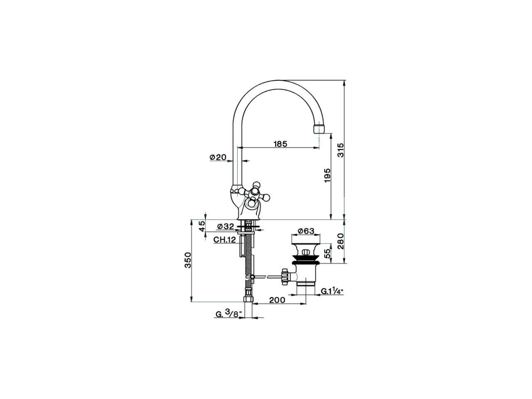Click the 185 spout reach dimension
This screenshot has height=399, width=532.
(x=280, y=144)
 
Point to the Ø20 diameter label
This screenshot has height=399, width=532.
(x=218, y=157)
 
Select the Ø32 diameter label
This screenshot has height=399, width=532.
(x=226, y=227)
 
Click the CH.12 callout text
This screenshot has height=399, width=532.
(x=224, y=240)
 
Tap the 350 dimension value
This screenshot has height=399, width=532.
(x=187, y=261)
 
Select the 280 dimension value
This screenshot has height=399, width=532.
(x=340, y=241)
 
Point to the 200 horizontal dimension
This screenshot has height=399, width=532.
(x=277, y=300)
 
